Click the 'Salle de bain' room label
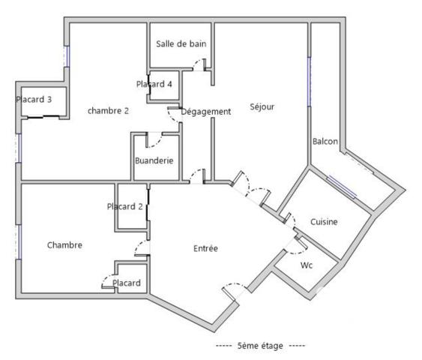181,43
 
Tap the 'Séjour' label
262,107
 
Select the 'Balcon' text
325,142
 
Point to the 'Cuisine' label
325,222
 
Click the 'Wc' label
306,265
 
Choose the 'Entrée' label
205,248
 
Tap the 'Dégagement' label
206,112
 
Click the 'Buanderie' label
154,160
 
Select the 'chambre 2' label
108,111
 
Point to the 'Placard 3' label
34,99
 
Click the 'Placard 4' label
154,84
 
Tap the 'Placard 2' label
125,206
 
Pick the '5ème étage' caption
259,346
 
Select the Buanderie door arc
154,139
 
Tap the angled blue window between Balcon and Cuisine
341,185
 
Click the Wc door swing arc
299,243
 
